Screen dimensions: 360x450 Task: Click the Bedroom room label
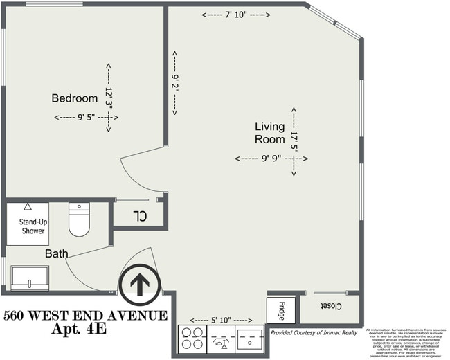(74, 98)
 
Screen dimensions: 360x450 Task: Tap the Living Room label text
(269, 132)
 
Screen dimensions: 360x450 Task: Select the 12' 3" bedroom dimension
(109, 97)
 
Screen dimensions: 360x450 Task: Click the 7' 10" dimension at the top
(236, 15)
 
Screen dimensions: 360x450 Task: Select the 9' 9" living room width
(271, 159)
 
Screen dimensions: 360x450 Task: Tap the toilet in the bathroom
(80, 219)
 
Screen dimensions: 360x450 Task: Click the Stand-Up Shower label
(27, 226)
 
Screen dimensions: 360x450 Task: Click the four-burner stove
(192, 339)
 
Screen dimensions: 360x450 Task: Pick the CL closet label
(141, 215)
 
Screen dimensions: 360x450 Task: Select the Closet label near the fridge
(330, 305)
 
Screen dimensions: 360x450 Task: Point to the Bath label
(57, 253)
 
